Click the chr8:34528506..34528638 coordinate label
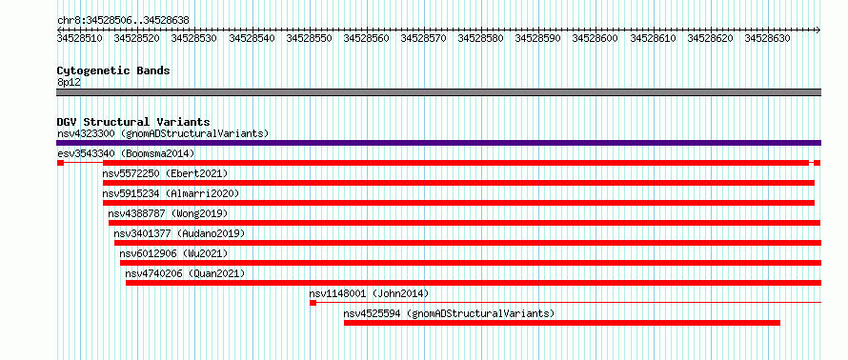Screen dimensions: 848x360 coord(123,20)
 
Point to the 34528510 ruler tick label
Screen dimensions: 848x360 coord(80,38)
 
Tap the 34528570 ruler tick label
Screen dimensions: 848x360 coord(423,38)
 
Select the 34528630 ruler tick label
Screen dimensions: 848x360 coord(767,38)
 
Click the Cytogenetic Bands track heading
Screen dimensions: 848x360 coord(113,70)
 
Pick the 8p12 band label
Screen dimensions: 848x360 coord(69,82)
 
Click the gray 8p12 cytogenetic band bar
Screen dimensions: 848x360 coord(439,92)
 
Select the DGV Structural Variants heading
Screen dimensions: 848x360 coord(133,122)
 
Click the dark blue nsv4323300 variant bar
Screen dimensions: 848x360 coord(439,143)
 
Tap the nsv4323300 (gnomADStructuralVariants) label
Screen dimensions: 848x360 coord(163,133)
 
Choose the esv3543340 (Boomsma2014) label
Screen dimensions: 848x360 coord(126,153)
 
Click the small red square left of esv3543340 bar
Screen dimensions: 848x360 coord(61,163)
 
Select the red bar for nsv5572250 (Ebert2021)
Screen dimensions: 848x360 coord(458,183)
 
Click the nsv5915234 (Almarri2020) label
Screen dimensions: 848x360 coord(171,193)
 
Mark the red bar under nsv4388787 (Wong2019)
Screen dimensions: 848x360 coord(465,223)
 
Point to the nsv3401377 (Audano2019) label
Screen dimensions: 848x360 coord(179,233)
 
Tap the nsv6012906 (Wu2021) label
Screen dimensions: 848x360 coord(174,253)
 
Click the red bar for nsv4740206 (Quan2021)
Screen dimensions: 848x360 coord(474,283)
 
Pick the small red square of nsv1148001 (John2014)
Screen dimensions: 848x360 coord(313,303)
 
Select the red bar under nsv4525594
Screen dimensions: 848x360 coord(562,323)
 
